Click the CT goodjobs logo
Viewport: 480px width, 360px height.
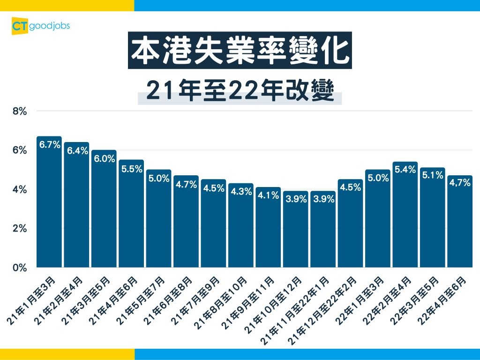(40, 26)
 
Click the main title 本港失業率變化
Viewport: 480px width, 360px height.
(240, 51)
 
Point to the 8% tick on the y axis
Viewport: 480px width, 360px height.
(20, 112)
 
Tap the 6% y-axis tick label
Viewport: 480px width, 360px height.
(20, 150)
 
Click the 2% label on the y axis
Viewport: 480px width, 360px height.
(20, 229)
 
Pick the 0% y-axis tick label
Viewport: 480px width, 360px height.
(20, 268)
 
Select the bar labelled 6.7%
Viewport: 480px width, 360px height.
(49, 206)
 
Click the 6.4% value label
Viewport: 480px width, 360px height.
(77, 151)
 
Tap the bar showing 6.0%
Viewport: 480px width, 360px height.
(104, 211)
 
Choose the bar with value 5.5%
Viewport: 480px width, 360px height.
(131, 216)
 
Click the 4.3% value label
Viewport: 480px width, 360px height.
(241, 192)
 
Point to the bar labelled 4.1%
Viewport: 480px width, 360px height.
(268, 230)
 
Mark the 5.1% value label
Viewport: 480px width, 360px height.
(432, 175)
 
